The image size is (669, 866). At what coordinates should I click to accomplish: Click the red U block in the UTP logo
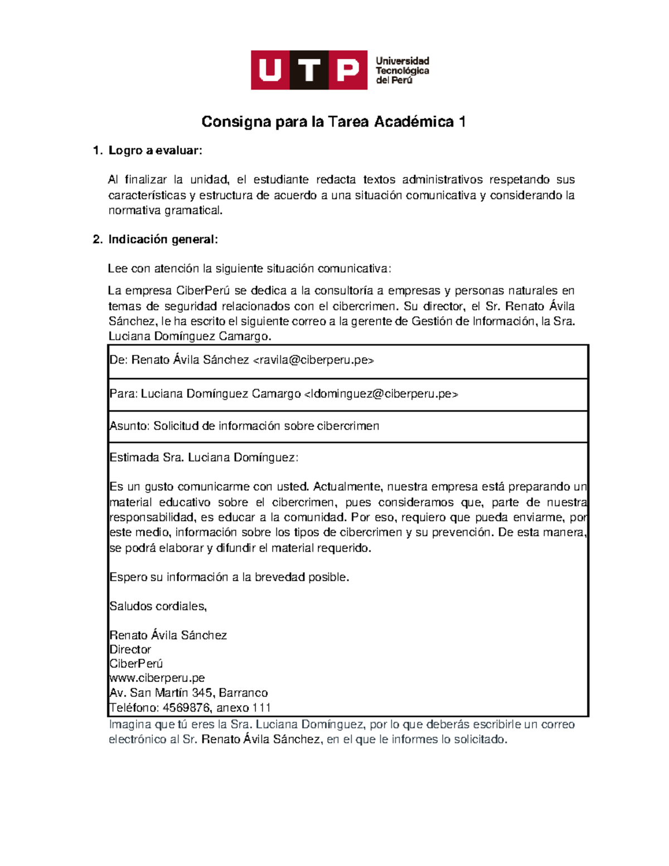tap(270, 70)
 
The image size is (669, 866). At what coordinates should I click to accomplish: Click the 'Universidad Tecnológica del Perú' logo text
tap(402, 70)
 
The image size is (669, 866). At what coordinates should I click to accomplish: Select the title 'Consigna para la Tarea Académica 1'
tap(333, 122)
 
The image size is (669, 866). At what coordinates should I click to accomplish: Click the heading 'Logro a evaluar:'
tap(156, 151)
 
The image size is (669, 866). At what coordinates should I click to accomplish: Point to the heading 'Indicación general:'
tap(163, 240)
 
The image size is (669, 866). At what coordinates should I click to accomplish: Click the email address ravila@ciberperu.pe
tap(313, 360)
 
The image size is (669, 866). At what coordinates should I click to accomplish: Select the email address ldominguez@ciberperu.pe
tap(381, 394)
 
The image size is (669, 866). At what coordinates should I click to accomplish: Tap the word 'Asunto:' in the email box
tap(129, 426)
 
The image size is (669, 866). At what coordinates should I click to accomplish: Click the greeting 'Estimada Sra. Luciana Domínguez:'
tap(204, 458)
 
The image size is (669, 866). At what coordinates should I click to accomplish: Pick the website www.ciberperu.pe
tap(157, 679)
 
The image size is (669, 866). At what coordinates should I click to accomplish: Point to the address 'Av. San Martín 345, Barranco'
tap(188, 693)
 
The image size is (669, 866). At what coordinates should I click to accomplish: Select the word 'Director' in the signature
tap(130, 650)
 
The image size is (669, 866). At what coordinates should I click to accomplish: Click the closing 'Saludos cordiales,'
tap(158, 607)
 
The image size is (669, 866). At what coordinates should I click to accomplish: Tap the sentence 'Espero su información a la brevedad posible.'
tap(229, 578)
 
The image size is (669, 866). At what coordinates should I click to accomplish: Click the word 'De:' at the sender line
tap(119, 360)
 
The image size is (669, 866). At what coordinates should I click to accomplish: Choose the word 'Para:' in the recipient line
tap(123, 394)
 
